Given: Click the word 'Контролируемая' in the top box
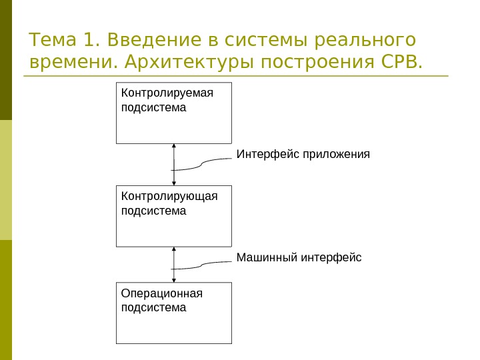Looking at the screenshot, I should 167,93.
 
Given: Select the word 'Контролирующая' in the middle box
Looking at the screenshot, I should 170,196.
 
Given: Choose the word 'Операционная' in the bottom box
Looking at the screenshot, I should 162,293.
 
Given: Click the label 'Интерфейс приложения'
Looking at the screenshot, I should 303,155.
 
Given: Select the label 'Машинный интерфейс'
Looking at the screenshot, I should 299,257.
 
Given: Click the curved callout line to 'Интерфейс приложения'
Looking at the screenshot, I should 203,164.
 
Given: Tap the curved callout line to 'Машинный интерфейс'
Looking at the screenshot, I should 203,265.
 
